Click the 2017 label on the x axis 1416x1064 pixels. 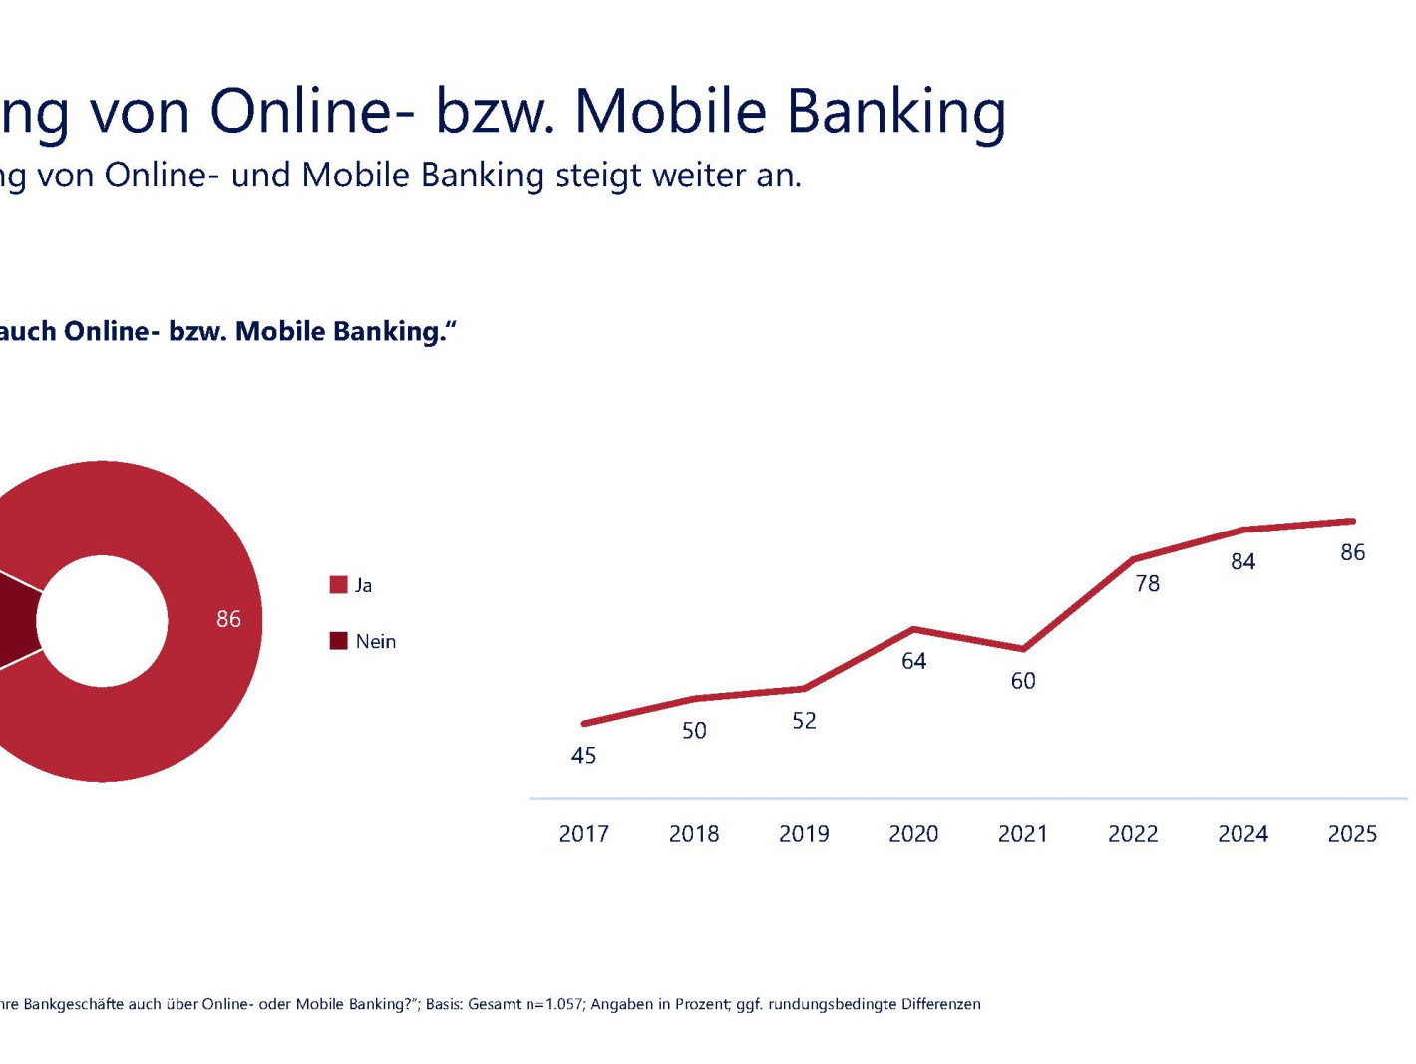coord(583,833)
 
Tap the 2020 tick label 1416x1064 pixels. coord(912,833)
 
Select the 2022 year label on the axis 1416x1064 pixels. coord(1133,833)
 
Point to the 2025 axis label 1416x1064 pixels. coord(1351,833)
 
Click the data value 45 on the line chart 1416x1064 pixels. coord(583,756)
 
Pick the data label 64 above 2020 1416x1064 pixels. coord(913,661)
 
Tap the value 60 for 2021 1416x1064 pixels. coord(1023,681)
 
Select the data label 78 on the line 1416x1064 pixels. coord(1147,584)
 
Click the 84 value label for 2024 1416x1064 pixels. coord(1242,562)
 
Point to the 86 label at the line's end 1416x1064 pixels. coord(1352,553)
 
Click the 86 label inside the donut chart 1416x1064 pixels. coord(228,619)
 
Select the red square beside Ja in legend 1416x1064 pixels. coord(338,585)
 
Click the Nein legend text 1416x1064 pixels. coord(375,642)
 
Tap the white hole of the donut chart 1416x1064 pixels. coord(102,621)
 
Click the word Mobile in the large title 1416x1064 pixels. coord(670,111)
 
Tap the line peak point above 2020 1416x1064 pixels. coord(914,629)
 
